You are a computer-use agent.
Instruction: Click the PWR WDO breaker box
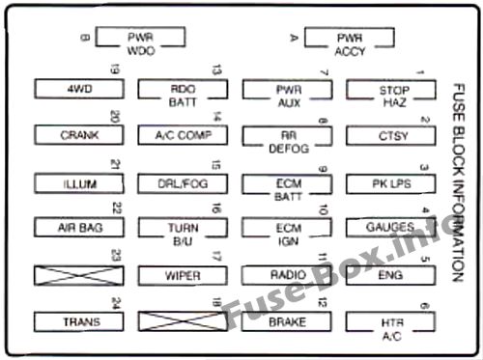click(140, 38)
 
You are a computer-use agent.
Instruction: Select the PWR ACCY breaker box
click(350, 39)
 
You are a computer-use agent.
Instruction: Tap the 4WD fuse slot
click(79, 89)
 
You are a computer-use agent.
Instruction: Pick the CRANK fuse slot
click(79, 135)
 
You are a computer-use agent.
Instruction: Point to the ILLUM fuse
click(79, 183)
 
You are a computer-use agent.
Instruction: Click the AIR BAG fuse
click(79, 228)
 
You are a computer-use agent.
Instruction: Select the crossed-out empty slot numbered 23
click(79, 276)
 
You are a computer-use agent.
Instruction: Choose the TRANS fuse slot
click(79, 321)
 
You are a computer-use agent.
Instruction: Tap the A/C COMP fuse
click(183, 135)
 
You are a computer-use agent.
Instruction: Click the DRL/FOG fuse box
click(183, 183)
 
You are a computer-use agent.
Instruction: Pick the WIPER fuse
click(183, 276)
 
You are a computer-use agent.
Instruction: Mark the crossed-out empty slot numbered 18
click(183, 321)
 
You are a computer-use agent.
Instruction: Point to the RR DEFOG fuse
click(288, 136)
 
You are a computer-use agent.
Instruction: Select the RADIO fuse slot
click(287, 275)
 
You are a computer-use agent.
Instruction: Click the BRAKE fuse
click(287, 321)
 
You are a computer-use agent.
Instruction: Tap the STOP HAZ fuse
click(391, 90)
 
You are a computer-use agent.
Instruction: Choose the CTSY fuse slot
click(391, 136)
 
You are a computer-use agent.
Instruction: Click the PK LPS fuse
click(391, 183)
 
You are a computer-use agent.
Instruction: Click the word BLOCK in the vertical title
click(459, 150)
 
